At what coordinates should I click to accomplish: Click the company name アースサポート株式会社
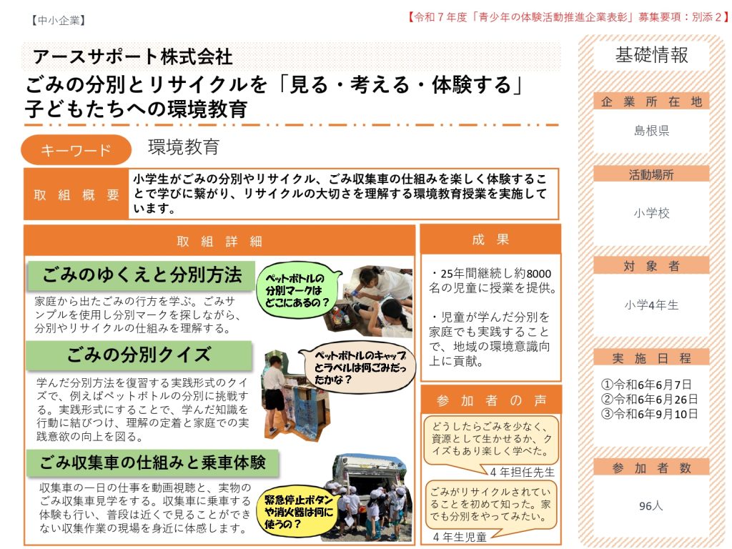(132, 57)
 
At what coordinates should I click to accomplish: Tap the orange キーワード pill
(76, 150)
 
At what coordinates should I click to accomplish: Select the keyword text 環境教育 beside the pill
(184, 147)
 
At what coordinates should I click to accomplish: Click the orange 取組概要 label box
(76, 194)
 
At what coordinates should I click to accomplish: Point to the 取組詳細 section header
(219, 241)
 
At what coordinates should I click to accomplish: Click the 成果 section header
(490, 239)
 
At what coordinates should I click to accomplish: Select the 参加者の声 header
(490, 400)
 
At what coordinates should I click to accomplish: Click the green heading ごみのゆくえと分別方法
(142, 275)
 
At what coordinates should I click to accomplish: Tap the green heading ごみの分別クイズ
(139, 355)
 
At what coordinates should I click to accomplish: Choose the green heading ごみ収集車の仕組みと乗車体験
(153, 463)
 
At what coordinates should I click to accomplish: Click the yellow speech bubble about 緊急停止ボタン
(298, 512)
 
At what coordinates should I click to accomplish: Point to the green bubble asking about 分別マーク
(297, 290)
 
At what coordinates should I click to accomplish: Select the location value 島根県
(651, 131)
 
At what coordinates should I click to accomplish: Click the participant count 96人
(651, 505)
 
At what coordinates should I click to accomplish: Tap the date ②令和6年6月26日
(649, 399)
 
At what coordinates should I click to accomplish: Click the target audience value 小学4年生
(651, 305)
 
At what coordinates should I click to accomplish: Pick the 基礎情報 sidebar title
(651, 55)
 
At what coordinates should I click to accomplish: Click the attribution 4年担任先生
(523, 472)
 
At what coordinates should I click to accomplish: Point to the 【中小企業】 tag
(59, 20)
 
